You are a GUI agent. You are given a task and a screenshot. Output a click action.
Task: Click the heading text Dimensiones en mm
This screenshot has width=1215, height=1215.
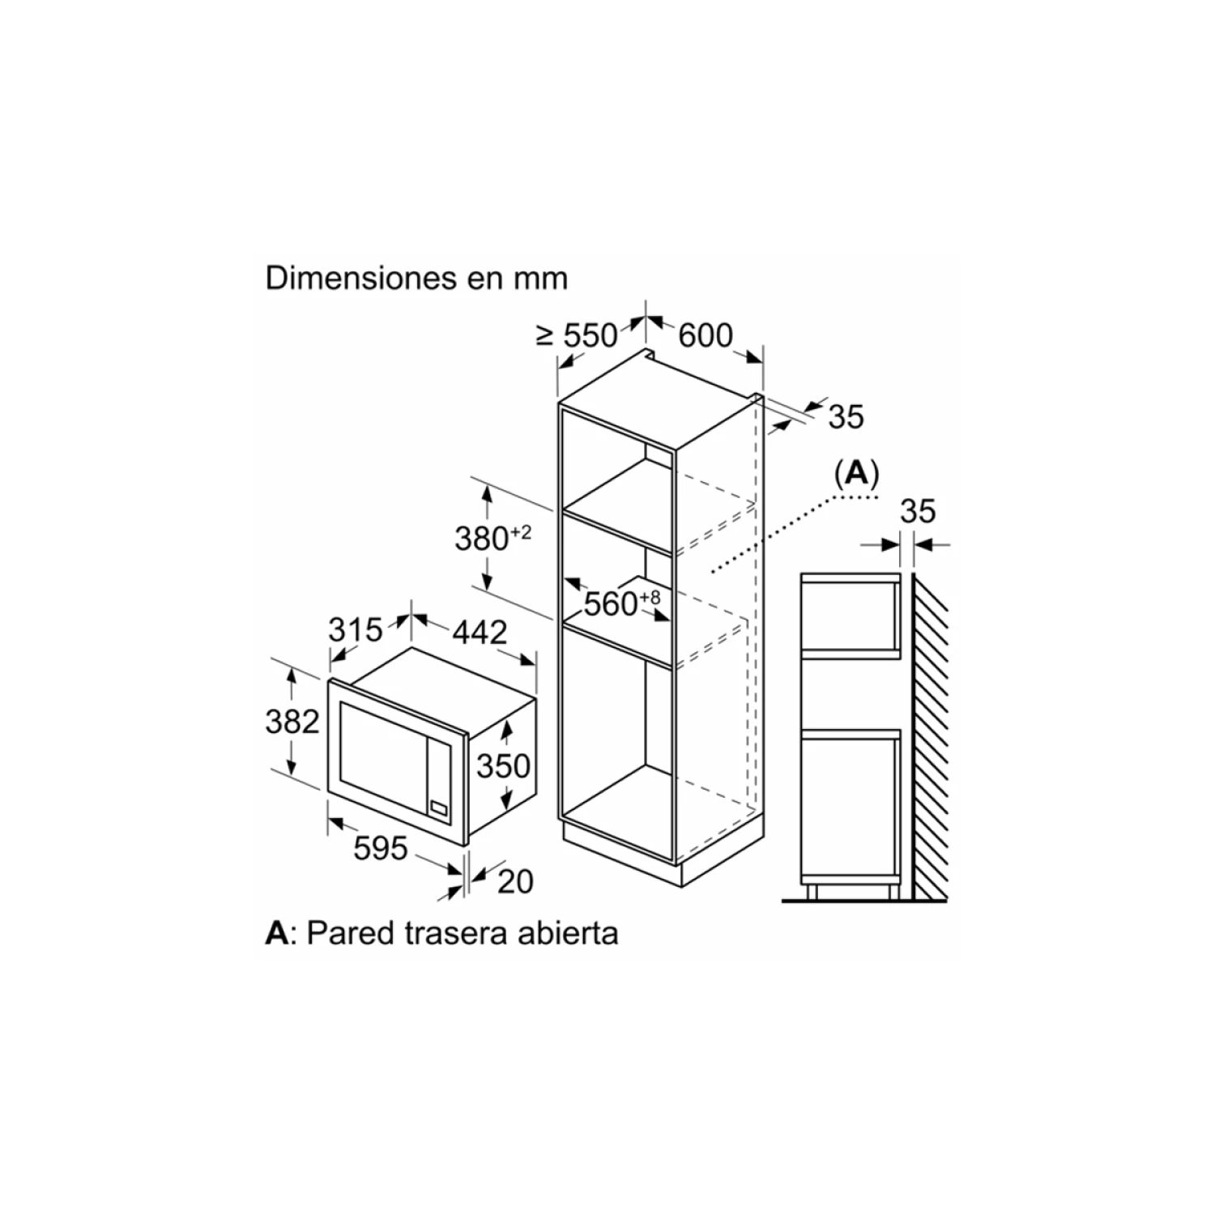(416, 278)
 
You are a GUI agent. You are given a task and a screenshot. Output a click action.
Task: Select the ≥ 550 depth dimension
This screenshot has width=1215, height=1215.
(578, 335)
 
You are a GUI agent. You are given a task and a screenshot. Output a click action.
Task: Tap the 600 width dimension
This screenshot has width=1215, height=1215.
(705, 335)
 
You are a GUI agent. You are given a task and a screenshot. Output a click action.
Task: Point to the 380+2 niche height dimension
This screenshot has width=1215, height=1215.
(492, 537)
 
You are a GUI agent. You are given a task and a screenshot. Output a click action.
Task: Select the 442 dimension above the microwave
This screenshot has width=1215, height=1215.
(480, 632)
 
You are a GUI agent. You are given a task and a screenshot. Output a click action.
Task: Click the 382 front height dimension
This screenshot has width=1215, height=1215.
(292, 721)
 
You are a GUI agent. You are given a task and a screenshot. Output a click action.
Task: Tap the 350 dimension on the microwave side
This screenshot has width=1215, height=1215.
(503, 765)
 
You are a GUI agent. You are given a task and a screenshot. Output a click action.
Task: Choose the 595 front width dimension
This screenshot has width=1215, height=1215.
(381, 848)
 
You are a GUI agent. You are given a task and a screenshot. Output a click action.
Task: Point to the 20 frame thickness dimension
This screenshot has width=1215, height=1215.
(515, 881)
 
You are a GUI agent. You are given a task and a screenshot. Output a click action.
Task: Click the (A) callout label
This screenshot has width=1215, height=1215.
(856, 473)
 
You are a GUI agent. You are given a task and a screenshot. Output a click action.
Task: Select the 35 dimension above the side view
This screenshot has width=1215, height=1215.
(918, 511)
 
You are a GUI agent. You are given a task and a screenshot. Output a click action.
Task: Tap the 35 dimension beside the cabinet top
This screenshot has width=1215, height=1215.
(846, 416)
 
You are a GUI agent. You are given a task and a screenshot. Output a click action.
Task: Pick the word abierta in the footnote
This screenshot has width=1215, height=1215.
(574, 933)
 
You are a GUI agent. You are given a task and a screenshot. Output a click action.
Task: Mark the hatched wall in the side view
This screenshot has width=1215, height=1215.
(930, 737)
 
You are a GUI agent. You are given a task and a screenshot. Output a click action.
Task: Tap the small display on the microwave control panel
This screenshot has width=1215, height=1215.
(440, 808)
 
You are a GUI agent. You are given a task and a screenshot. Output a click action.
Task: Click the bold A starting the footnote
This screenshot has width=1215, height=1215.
(276, 933)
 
